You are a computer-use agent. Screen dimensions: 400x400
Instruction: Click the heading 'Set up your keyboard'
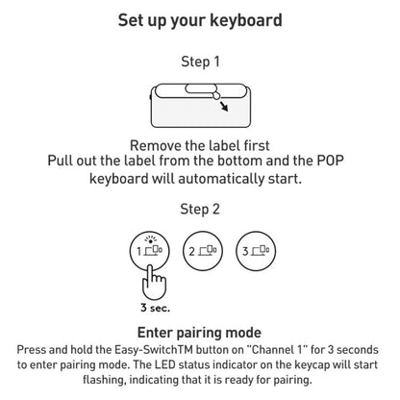coord(200,19)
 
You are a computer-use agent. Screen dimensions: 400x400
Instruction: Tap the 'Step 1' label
coord(200,62)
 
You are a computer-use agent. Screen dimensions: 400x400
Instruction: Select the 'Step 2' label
coord(200,208)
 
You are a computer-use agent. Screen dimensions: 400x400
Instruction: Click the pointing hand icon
coord(151,283)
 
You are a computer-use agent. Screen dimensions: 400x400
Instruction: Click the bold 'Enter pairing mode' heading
coord(200,334)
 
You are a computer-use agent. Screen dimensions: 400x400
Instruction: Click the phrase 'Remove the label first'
coord(200,144)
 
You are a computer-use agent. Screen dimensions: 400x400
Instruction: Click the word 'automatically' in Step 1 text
coord(215,179)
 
